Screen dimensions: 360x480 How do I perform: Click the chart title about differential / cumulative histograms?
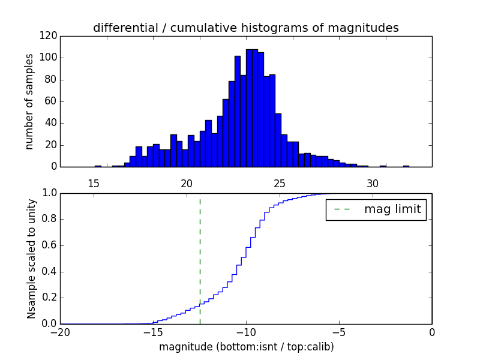pos(245,28)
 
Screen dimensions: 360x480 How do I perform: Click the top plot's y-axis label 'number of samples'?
pos(29,101)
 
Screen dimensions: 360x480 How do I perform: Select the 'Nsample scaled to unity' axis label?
pos(31,259)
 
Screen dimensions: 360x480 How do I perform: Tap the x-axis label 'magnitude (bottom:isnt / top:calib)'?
pos(246,347)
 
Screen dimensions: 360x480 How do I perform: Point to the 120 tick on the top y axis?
pos(49,36)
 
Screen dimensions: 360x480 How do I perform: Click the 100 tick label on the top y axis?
pos(49,58)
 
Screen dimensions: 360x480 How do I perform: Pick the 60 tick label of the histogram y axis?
pos(52,101)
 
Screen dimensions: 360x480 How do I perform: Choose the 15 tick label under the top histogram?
pos(94,184)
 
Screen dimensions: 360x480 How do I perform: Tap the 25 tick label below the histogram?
pos(280,184)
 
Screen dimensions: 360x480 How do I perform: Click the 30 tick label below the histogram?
pos(373,184)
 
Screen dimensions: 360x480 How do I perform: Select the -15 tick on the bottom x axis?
pos(152,332)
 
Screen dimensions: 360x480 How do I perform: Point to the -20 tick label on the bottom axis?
pos(60,332)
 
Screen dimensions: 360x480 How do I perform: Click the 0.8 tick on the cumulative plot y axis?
pos(49,220)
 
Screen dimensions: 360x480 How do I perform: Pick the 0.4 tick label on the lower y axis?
pos(49,272)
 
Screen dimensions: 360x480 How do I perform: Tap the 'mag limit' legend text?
pos(392,209)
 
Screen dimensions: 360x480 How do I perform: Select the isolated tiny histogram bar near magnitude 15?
pos(98,166)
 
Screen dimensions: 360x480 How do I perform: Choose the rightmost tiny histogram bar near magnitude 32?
pos(406,166)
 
